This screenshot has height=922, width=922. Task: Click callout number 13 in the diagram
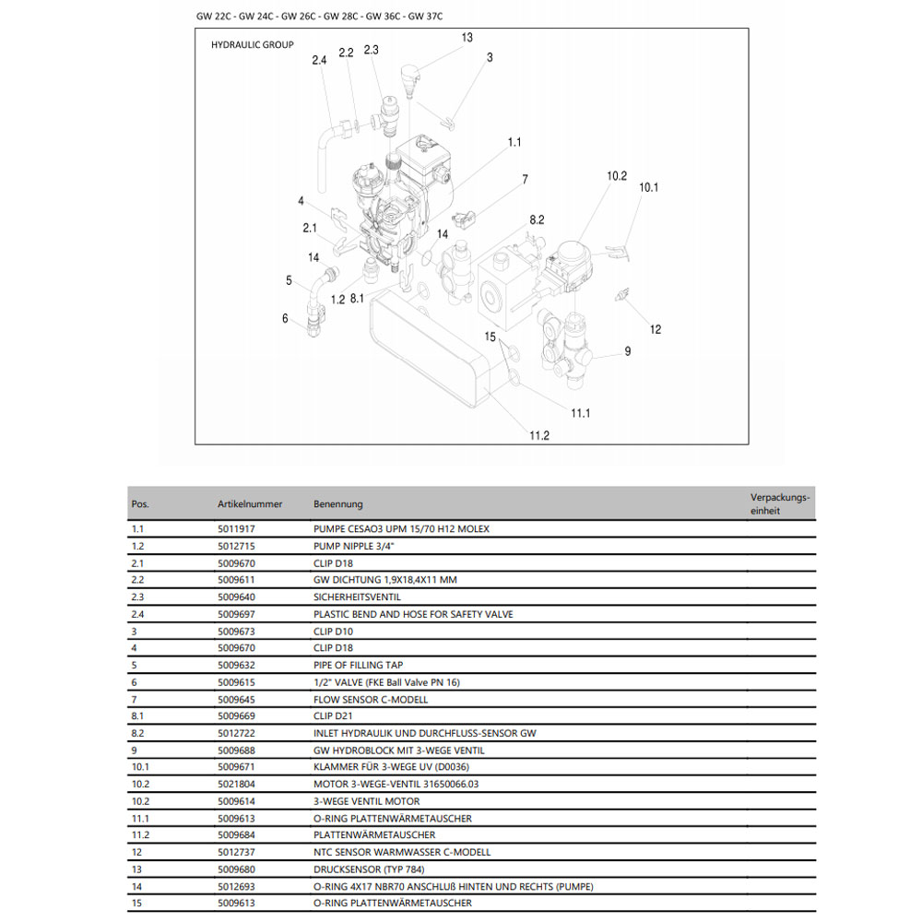tap(467, 38)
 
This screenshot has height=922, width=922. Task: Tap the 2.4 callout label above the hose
tap(319, 61)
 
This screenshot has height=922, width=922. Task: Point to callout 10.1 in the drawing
tap(649, 187)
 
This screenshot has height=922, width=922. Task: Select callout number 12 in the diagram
tap(656, 329)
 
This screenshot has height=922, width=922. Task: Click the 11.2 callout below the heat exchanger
tap(539, 435)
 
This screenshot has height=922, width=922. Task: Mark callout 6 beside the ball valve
tap(285, 318)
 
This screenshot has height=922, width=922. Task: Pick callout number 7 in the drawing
tap(525, 179)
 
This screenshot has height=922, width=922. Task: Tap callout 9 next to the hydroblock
tap(627, 350)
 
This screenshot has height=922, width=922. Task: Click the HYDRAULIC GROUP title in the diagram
tap(253, 44)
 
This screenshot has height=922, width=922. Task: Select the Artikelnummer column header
tap(250, 504)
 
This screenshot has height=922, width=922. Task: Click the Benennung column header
tap(338, 504)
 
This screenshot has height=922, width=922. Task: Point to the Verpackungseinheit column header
tap(780, 503)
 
